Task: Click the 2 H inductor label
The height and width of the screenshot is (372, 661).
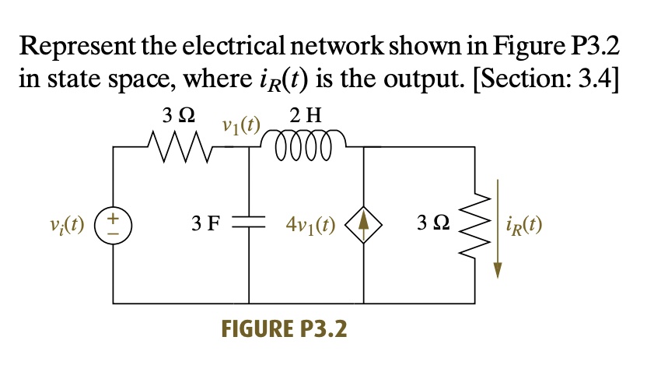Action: click(x=304, y=117)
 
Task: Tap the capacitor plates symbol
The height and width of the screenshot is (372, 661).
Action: click(x=250, y=224)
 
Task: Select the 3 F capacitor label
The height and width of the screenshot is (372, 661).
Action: click(x=207, y=225)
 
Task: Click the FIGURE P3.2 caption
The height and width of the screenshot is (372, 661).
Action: click(x=285, y=329)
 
